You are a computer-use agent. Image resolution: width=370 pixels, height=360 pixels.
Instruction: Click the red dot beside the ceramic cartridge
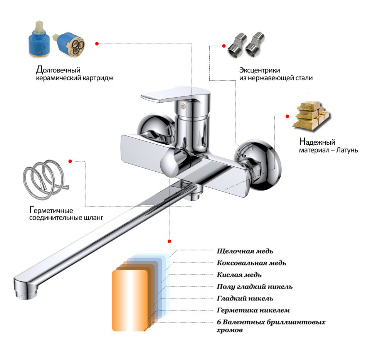[x=97, y=44]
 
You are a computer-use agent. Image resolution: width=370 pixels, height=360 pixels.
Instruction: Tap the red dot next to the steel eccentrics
[x=224, y=46]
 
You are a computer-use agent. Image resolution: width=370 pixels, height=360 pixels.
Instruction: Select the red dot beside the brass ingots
[x=288, y=116]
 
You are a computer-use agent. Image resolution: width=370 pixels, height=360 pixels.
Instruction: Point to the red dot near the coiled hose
[x=70, y=161]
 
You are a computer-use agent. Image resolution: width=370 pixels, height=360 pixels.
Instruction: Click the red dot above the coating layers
[x=169, y=241]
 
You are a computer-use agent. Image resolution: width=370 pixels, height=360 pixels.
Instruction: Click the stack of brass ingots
[x=311, y=116]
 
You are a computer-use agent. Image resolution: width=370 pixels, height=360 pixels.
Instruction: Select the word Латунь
[x=347, y=150]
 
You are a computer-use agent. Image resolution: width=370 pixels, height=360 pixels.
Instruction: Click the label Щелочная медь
[x=245, y=251]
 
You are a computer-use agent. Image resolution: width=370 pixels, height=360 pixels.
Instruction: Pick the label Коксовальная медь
[x=251, y=263]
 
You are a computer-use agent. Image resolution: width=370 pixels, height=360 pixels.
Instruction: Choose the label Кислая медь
[x=239, y=275]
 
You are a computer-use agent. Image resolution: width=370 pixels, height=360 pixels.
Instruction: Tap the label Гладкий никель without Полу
[x=245, y=298]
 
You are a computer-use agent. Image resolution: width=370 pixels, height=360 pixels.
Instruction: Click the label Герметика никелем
[x=253, y=310]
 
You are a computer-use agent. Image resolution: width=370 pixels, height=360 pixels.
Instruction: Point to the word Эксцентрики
[x=259, y=70]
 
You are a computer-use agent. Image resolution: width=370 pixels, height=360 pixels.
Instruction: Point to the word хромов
[x=230, y=330]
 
